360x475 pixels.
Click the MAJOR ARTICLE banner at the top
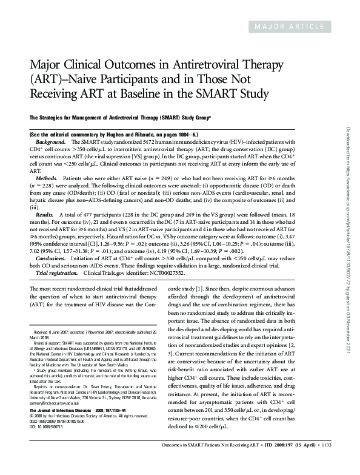click(x=298, y=28)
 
